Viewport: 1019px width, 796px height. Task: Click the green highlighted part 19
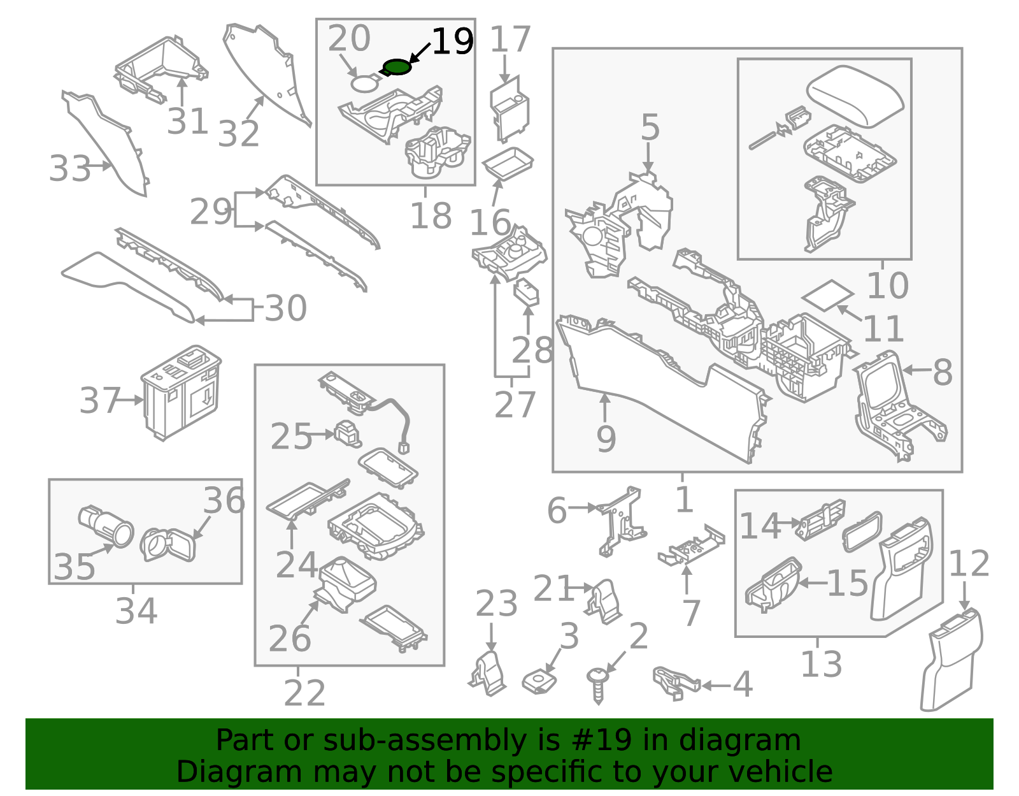click(397, 66)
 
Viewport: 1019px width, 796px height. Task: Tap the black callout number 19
click(452, 42)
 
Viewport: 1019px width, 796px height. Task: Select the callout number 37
click(99, 401)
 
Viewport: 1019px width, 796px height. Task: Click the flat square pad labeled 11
click(827, 295)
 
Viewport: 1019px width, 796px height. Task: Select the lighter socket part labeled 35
click(106, 525)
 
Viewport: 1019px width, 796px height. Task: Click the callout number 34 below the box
click(136, 611)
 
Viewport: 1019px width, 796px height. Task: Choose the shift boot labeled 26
click(346, 583)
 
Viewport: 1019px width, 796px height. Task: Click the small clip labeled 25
click(348, 434)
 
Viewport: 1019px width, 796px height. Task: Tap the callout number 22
click(304, 693)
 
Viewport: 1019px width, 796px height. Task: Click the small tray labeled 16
click(508, 163)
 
